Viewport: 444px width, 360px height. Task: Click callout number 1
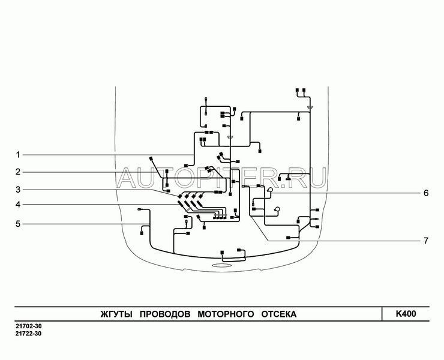[18, 155]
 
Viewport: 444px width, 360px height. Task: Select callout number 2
[18, 172]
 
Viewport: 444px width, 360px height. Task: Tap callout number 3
[18, 190]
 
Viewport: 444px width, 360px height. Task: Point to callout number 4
[18, 204]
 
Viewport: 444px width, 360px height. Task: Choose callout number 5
[18, 224]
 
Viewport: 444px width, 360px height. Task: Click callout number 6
[426, 193]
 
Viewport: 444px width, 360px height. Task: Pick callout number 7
[426, 241]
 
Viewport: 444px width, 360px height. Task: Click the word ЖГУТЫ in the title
[116, 314]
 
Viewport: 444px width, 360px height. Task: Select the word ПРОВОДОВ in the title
[165, 314]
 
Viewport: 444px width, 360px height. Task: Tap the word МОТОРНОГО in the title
[226, 314]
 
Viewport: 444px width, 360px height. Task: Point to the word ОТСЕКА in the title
[278, 314]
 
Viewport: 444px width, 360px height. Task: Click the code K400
[406, 314]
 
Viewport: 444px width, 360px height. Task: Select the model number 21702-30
[28, 326]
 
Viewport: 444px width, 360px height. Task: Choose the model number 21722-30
[28, 334]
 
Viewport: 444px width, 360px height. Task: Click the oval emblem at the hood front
[222, 265]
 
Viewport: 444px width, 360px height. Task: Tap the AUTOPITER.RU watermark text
[222, 178]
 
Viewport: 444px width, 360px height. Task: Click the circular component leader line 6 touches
[271, 190]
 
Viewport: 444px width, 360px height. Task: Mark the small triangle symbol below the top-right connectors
[310, 107]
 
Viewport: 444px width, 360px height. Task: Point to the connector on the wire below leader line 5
[142, 233]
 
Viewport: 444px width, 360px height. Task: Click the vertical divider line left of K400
[382, 314]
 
